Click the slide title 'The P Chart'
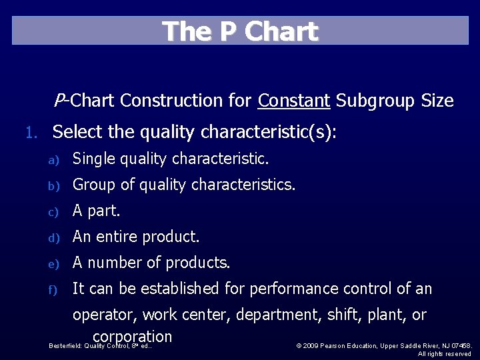pyautogui.click(x=240, y=31)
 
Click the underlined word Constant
pyautogui.click(x=294, y=101)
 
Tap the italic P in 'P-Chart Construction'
pyautogui.click(x=59, y=100)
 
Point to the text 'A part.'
pyautogui.click(x=96, y=211)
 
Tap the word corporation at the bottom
pyautogui.click(x=133, y=336)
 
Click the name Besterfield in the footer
pyautogui.click(x=65, y=345)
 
